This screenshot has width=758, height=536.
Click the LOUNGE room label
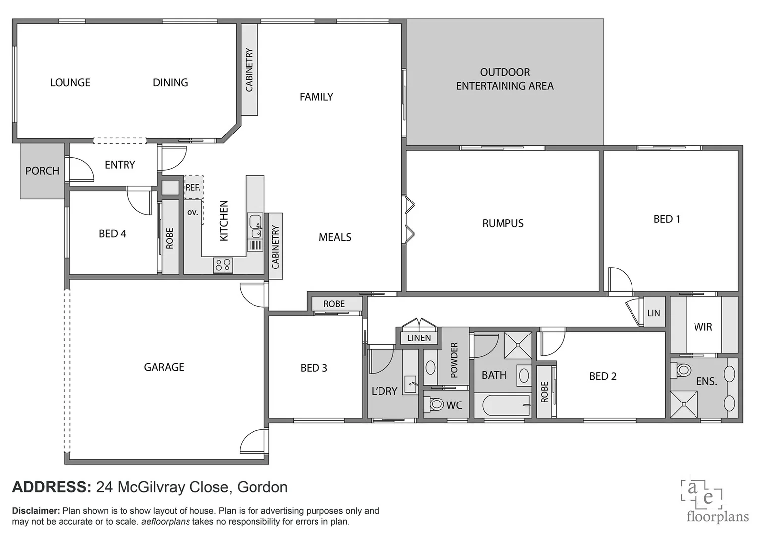(x=70, y=83)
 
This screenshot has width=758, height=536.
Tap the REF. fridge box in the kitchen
(x=193, y=187)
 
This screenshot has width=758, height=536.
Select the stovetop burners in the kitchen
(x=223, y=265)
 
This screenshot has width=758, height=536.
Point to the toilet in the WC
(x=436, y=404)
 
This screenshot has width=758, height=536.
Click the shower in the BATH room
(x=518, y=345)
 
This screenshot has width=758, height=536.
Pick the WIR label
(x=702, y=327)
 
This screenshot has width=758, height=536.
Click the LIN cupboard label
(x=653, y=313)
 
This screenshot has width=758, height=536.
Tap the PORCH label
(x=42, y=171)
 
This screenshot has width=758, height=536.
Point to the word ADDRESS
(x=52, y=487)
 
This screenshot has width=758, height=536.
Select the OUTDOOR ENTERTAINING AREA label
(x=505, y=79)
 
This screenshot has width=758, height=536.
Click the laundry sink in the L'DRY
(x=410, y=384)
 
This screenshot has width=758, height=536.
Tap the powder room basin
(x=430, y=368)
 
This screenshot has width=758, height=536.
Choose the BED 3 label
(x=314, y=368)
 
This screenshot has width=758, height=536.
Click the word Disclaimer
(x=36, y=511)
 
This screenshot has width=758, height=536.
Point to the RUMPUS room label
(x=503, y=223)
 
